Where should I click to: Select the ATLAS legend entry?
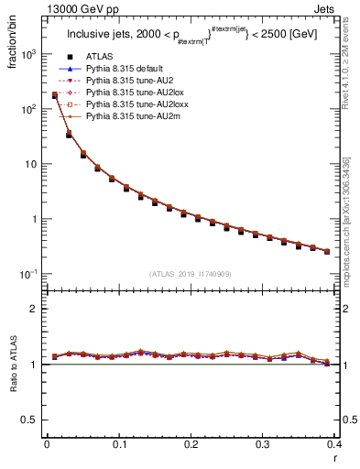click(100, 56)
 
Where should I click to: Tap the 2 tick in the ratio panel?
click(33, 309)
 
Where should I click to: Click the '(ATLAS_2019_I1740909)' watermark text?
click(191, 274)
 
